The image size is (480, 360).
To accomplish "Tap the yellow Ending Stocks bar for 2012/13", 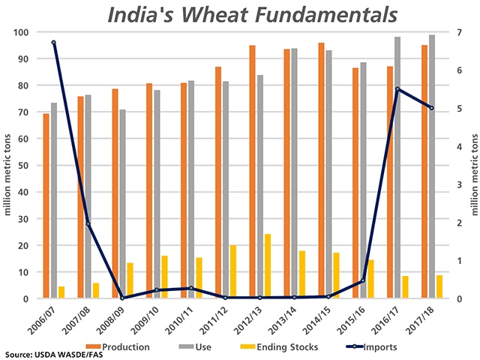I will (268, 266).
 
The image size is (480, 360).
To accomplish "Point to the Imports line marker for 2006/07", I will (53, 43).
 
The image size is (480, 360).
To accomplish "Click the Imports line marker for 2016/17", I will (397, 89).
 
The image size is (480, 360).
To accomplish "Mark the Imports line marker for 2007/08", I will (88, 223).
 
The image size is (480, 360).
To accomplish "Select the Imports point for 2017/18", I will (431, 108).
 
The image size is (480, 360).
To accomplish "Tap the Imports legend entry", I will (373, 346).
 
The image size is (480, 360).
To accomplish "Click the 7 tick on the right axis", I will (457, 32).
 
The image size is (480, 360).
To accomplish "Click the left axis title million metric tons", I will (7, 165).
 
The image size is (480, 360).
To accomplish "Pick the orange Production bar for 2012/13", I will (252, 172).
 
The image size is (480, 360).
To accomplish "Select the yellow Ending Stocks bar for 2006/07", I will (61, 292).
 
